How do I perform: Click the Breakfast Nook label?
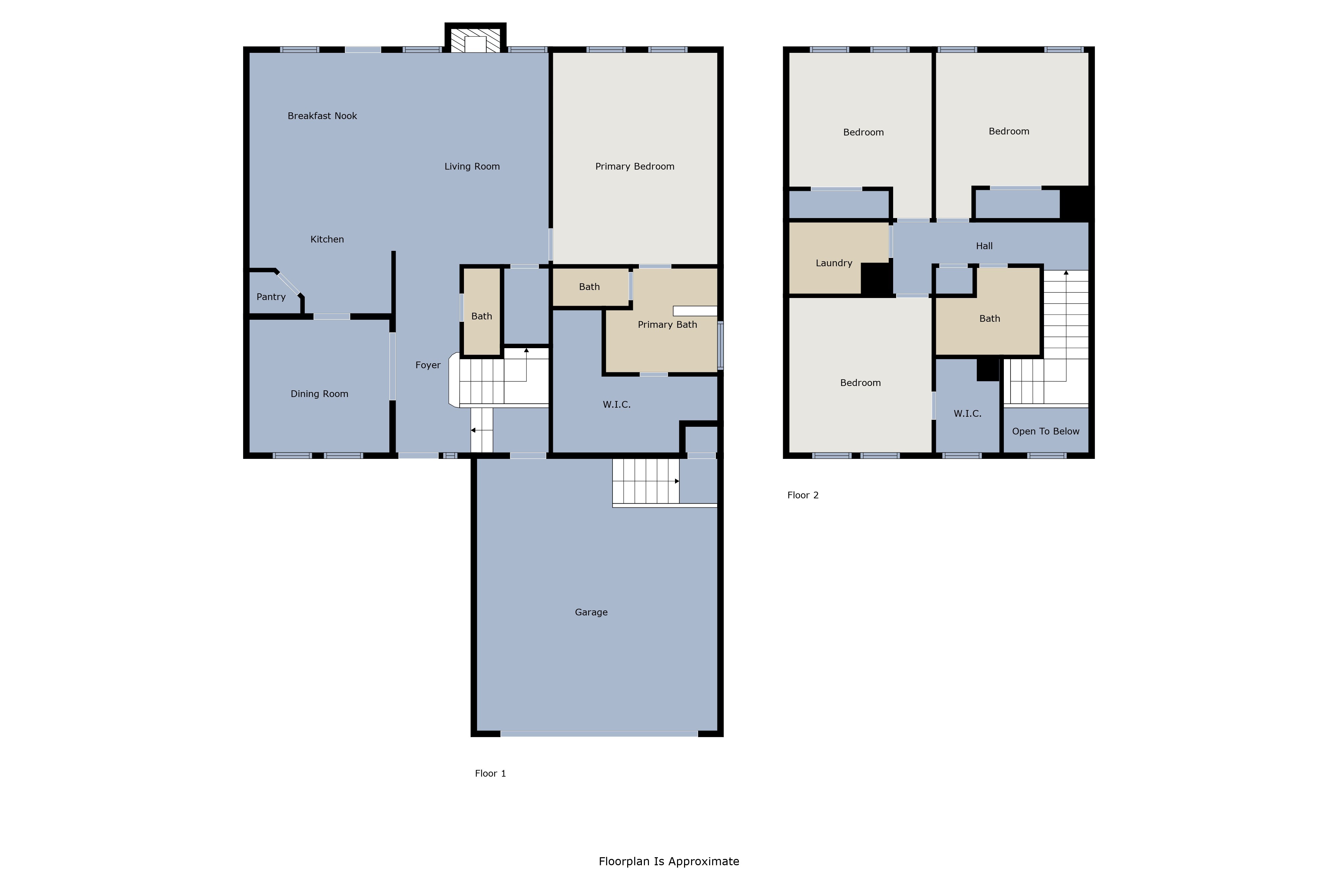point(322,116)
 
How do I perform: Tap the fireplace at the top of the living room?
point(475,39)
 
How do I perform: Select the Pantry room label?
point(271,297)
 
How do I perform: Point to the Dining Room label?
point(319,394)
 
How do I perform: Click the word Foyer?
point(428,365)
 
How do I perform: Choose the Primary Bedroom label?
point(635,167)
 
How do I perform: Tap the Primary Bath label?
point(667,325)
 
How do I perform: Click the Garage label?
point(591,612)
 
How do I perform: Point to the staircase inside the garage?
point(646,481)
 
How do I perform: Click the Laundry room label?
point(834,263)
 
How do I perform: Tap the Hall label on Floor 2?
point(984,246)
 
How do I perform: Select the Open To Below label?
point(1046,431)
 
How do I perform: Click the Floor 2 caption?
point(803,495)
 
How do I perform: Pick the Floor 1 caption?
point(490,773)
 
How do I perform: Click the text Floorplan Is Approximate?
point(669,861)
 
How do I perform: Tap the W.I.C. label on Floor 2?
point(967,414)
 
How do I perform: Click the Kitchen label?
point(327,239)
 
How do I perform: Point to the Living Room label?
point(472,167)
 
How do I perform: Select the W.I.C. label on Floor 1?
point(617,404)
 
